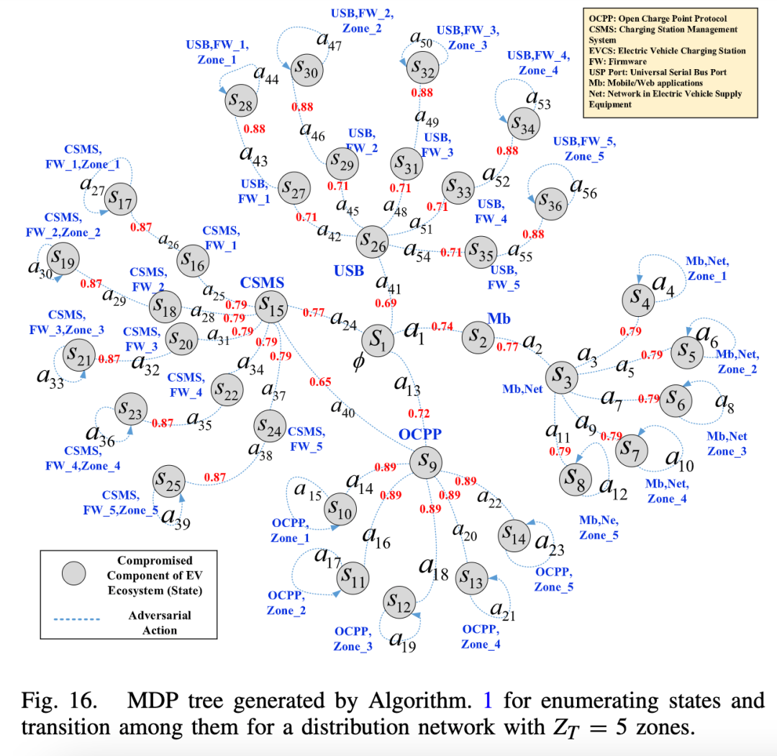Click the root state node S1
[x=379, y=338]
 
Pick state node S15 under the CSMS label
[x=272, y=309]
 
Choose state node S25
[x=169, y=480]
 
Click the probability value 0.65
[x=319, y=382]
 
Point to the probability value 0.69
[x=385, y=304]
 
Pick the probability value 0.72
[x=418, y=413]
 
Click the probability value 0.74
[x=442, y=327]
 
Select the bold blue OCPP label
[x=419, y=434]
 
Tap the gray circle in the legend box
[x=73, y=573]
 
